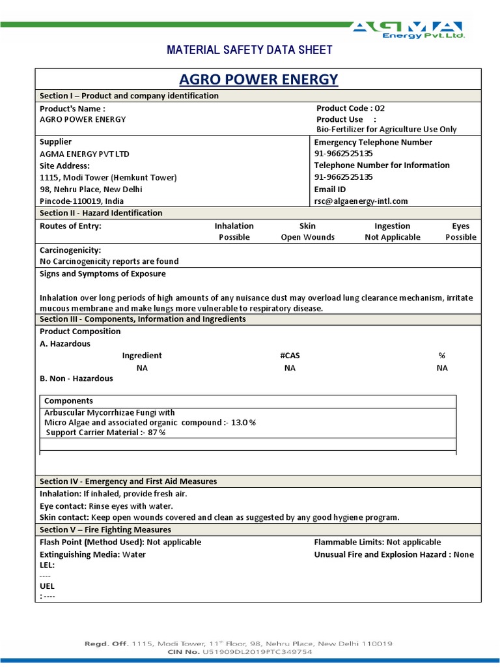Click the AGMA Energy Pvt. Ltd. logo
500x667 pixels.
point(408,30)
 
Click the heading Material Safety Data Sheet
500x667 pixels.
point(250,50)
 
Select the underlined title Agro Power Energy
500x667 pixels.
point(258,79)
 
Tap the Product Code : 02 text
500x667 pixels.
point(350,108)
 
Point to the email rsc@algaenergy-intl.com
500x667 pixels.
point(361,201)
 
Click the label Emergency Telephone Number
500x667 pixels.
point(373,142)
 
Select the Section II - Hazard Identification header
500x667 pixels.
point(101,213)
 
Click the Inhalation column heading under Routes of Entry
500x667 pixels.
point(234,226)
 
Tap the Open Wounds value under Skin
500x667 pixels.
point(307,237)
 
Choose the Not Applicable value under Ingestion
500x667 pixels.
point(392,237)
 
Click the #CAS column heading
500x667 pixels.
point(290,356)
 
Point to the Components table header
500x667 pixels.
point(68,401)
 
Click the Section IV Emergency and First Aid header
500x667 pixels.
point(128,481)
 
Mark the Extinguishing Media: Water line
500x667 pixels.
point(92,554)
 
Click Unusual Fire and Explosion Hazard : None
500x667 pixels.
point(394,554)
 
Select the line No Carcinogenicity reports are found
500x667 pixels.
point(109,261)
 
